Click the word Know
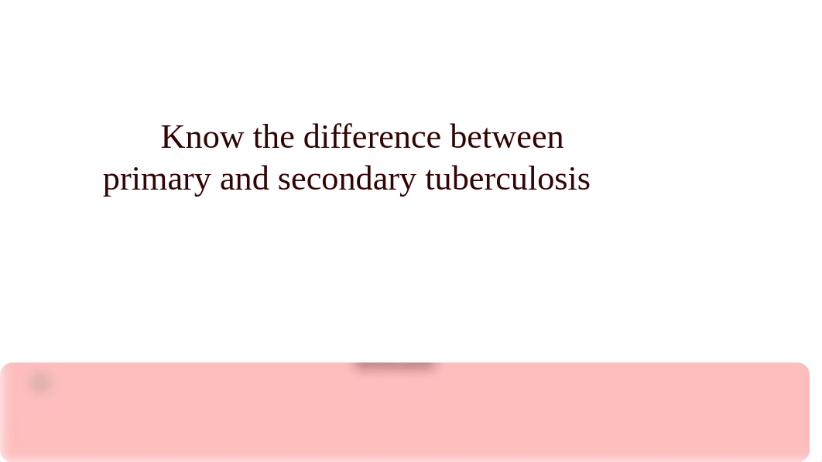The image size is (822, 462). (x=202, y=137)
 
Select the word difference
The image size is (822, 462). (x=372, y=137)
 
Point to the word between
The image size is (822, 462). (x=507, y=137)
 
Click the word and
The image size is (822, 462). (x=245, y=179)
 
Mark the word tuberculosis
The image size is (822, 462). (x=508, y=179)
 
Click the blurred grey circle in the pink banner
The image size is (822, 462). (x=40, y=382)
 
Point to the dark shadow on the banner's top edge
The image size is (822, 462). (x=394, y=365)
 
